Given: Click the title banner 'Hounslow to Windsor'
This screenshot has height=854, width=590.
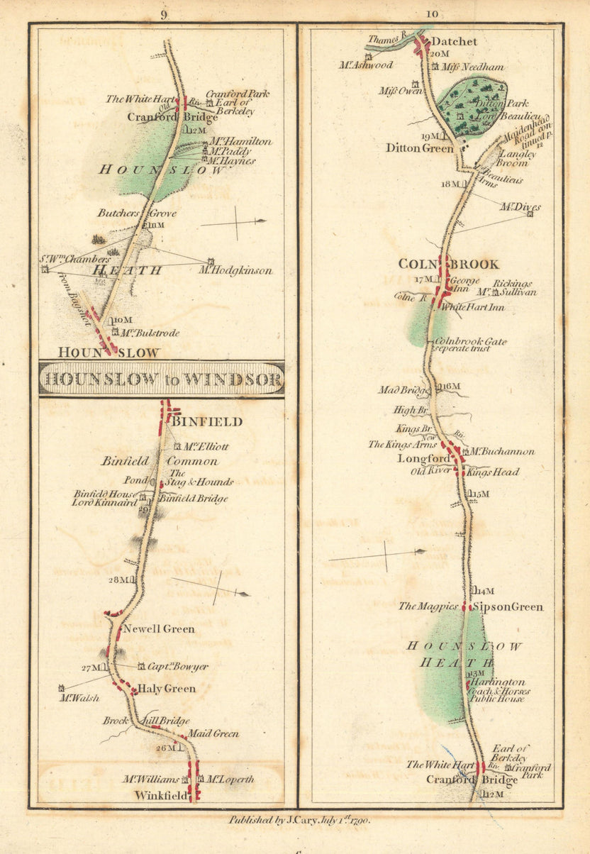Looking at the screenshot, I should [x=162, y=379].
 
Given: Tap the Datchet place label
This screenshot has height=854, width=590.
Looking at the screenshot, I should [x=454, y=42].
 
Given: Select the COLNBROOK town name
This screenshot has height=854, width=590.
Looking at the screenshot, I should [x=448, y=265].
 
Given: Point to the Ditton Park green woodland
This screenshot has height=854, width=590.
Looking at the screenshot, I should [x=471, y=107].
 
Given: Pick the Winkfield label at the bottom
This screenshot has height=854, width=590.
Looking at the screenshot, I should [x=162, y=796].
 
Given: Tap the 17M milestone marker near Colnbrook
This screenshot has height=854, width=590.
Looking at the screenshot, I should [x=423, y=279].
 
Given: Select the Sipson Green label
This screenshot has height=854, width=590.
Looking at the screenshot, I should [x=507, y=607].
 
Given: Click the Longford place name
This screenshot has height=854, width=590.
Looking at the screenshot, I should [x=423, y=459].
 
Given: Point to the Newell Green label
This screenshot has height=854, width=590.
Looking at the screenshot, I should [x=159, y=629].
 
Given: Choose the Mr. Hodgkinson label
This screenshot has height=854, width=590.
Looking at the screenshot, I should [x=236, y=270].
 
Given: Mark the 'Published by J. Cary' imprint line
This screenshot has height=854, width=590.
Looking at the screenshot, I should [x=299, y=819].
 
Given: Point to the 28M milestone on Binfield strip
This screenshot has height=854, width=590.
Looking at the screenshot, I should [x=118, y=579].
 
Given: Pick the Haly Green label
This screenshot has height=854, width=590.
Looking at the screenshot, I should [x=166, y=689].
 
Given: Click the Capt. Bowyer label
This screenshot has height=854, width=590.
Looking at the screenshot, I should [x=177, y=667].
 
